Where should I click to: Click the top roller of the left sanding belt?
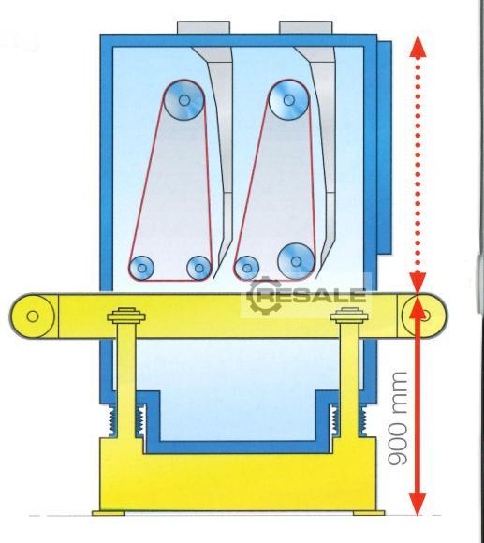click(x=183, y=100)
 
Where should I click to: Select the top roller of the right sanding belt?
click(x=288, y=100)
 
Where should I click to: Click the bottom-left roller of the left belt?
click(x=142, y=268)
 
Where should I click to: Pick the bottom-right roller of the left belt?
click(x=199, y=268)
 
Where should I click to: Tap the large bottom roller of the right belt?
click(x=296, y=261)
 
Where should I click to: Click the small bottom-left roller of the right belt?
click(x=247, y=268)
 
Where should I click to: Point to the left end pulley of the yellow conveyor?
click(x=32, y=316)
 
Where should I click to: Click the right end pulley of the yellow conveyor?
click(x=424, y=316)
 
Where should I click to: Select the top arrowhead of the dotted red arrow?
click(x=418, y=46)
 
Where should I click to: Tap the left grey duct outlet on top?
click(x=203, y=27)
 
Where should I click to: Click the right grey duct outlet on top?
click(x=306, y=27)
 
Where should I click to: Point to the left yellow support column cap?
click(x=126, y=315)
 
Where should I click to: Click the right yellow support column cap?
click(x=349, y=315)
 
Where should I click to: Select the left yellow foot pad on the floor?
click(x=108, y=513)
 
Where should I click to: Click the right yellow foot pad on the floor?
click(x=369, y=513)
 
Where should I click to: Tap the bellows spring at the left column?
click(x=126, y=420)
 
